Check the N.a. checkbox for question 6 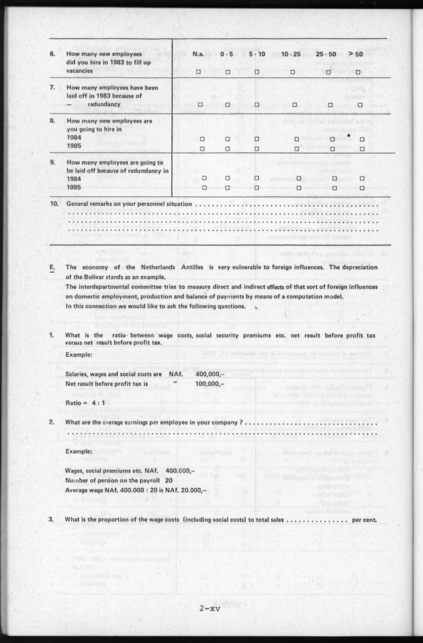[198, 71]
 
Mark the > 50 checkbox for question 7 [360, 105]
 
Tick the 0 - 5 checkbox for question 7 [228, 105]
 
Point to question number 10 [54, 203]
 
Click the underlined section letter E [52, 267]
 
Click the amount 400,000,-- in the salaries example [210, 374]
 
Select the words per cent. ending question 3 [365, 519]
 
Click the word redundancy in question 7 [101, 105]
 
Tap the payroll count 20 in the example [169, 481]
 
